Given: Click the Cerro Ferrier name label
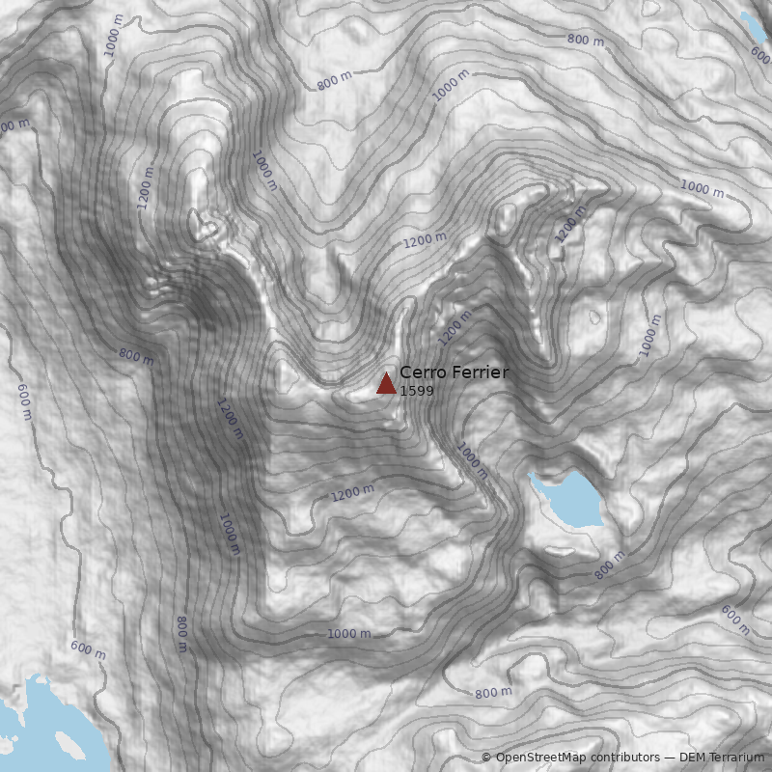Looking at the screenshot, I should point(454,372).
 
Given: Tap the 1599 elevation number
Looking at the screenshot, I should point(416,391).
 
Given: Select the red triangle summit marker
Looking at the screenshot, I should point(386,384).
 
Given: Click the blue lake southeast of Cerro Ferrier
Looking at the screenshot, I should point(568,498).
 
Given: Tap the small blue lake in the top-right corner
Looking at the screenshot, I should point(752,25).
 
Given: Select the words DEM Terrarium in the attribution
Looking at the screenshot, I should point(722,758).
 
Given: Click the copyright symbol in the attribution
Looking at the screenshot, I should point(486,758).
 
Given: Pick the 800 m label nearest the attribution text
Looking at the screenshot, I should point(493,693).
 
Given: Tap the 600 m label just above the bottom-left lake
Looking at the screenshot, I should point(88,649).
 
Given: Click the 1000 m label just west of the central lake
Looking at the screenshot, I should point(473,461).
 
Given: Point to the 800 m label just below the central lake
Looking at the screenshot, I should point(610,565).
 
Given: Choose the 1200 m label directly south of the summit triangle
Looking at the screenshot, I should point(352,493).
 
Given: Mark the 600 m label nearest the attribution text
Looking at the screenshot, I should point(735,620).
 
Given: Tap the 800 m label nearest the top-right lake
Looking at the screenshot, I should point(586,40).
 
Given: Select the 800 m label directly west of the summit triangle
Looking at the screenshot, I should point(136,355).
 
